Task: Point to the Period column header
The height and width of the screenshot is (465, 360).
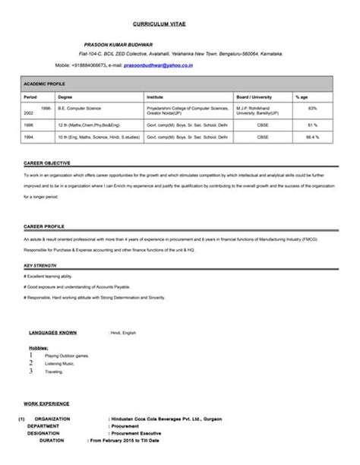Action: coord(30,97)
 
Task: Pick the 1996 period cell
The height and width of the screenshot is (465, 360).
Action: coord(28,124)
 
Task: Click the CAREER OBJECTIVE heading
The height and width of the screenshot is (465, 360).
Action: coord(47,163)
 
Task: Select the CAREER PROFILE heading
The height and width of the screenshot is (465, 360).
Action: coord(44,226)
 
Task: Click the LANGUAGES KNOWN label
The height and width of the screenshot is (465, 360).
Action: coord(52,332)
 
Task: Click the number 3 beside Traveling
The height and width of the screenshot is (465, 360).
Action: coord(30,372)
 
